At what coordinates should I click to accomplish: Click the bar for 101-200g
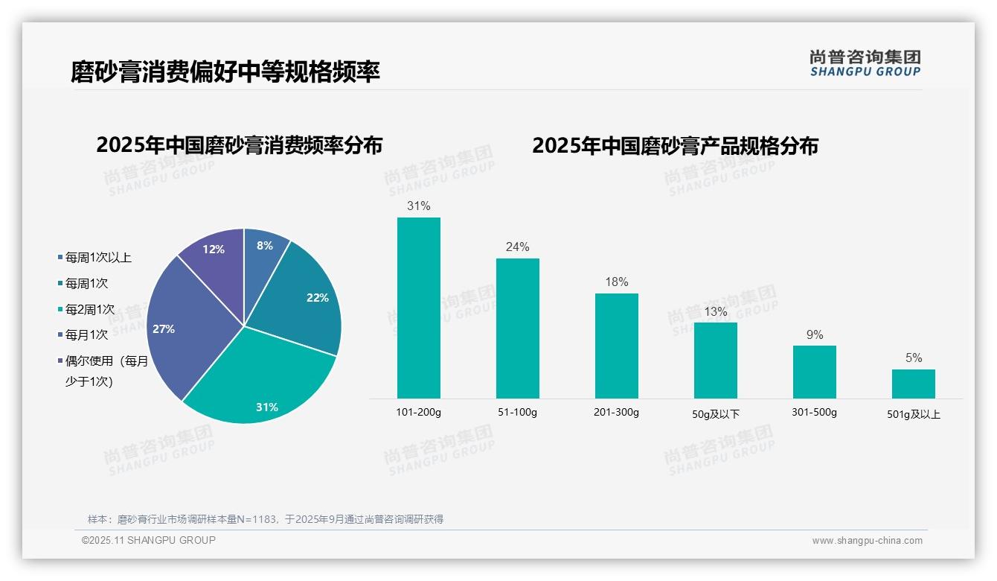tap(419, 308)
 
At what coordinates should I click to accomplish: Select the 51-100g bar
tap(518, 328)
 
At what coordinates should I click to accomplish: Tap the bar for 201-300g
tap(617, 346)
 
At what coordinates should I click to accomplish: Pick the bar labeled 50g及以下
tap(716, 361)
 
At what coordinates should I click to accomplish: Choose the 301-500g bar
tap(815, 372)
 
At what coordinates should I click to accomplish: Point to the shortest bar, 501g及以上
tap(914, 384)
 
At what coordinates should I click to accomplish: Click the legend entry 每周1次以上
tap(97, 258)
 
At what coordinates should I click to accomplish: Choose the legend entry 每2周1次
tap(89, 309)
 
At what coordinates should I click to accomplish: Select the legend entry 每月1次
tap(86, 335)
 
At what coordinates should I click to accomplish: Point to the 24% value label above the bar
tap(518, 247)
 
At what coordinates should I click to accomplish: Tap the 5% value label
tap(914, 358)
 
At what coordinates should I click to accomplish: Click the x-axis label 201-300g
tap(617, 412)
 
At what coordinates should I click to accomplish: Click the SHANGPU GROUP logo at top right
tap(865, 63)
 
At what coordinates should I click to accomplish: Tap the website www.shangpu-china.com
tap(867, 541)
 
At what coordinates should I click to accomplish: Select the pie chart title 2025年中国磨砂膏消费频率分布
tap(239, 145)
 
